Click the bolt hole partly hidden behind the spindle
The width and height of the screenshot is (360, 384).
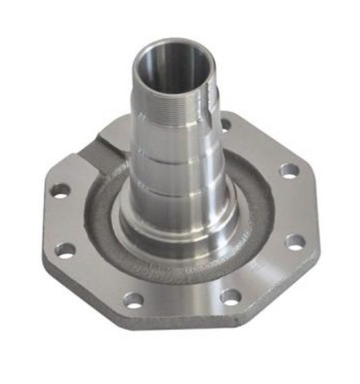(x=226, y=124)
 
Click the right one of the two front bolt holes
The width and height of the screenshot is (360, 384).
(x=230, y=295)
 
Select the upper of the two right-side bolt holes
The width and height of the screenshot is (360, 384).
(x=288, y=170)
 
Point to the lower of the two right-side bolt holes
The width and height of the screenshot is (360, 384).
(x=294, y=241)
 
